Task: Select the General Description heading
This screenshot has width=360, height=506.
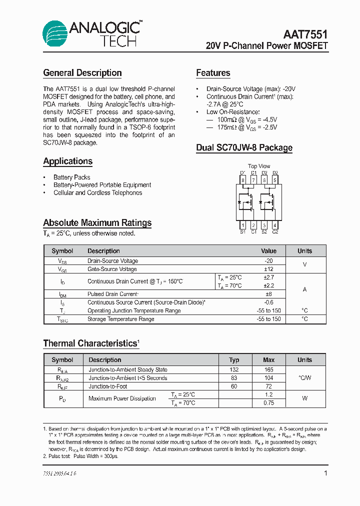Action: click(82, 73)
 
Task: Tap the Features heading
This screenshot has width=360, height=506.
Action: click(213, 73)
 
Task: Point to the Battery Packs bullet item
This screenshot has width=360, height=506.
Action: click(72, 177)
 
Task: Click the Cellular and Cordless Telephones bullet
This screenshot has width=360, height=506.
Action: click(98, 192)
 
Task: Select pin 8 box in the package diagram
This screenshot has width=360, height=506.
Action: click(242, 180)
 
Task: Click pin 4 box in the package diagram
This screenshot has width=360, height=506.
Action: click(275, 225)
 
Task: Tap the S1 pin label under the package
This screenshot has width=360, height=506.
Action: click(242, 232)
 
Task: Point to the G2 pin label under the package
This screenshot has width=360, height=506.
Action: click(275, 232)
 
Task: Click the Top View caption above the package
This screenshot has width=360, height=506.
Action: click(259, 166)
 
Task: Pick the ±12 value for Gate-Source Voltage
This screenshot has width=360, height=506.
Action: click(269, 269)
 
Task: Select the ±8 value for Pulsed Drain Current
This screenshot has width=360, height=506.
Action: click(269, 294)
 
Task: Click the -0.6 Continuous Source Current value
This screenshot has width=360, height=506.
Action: click(269, 302)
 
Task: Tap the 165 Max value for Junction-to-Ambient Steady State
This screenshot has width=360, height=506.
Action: click(269, 369)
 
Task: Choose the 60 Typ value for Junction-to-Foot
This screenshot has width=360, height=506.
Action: click(234, 386)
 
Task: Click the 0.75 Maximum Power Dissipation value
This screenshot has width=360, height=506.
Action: click(269, 403)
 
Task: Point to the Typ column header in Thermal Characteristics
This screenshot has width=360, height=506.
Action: click(234, 360)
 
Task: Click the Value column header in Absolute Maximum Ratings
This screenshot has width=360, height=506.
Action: click(269, 251)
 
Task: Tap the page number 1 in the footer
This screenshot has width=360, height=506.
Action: click(325, 473)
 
